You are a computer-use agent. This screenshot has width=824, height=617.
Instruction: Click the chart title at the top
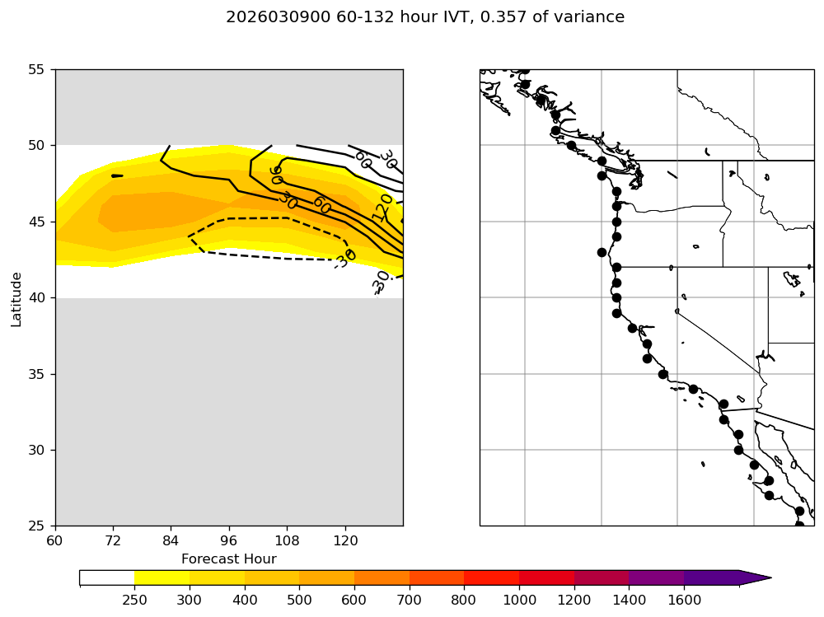pos(425,17)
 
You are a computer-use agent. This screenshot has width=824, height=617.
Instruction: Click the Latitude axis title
pos(16,297)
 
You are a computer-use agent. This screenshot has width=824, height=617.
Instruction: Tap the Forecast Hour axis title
pos(228,559)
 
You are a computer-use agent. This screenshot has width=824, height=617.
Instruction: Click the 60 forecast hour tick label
pos(55,540)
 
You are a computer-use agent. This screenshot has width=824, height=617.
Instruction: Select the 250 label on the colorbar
pos(134,600)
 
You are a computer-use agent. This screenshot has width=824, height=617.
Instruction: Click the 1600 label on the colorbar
pos(684,600)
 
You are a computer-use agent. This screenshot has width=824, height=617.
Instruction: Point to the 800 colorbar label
pos(464,600)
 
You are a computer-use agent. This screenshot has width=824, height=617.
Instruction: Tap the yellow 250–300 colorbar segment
pos(162,577)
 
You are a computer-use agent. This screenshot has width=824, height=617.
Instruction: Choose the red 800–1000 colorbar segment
pos(491,577)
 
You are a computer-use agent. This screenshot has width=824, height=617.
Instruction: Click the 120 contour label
pos(383,208)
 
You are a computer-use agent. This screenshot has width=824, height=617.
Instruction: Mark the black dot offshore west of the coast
pos(602,252)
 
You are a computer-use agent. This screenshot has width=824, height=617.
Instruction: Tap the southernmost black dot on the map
pos(799,525)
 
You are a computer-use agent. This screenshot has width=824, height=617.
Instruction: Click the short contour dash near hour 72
pos(117,175)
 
